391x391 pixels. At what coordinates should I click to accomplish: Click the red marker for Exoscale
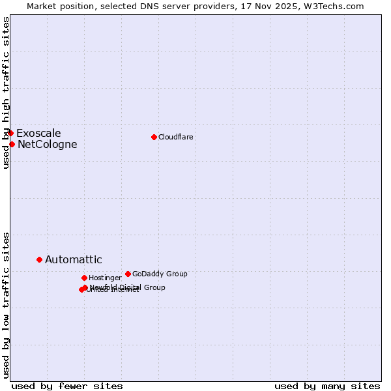coord(10,133)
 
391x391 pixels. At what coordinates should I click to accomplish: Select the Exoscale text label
coord(38,134)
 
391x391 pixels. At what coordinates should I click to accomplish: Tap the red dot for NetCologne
coord(12,144)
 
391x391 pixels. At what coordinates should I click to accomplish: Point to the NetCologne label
coord(47,145)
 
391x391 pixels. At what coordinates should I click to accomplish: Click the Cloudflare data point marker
coord(154,137)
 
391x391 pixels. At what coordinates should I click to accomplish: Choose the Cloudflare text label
coord(175,137)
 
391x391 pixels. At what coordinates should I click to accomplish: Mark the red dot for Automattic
coord(39,259)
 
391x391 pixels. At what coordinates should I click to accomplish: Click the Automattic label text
coord(73,260)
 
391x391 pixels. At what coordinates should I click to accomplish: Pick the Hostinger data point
coord(84,278)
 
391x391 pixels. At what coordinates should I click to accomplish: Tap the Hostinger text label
coord(105,278)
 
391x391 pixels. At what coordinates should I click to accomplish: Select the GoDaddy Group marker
coord(128,274)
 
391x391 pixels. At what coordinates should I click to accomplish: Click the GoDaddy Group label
coord(160,274)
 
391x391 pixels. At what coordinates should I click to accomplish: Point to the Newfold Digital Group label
coord(128,287)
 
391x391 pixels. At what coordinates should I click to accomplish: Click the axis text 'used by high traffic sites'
coord(7,93)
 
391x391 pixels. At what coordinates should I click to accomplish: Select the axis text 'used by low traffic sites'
coord(7,304)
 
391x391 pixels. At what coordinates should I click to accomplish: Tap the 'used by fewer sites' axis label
coord(67,386)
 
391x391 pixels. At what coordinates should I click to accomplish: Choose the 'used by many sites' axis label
coord(326,386)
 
